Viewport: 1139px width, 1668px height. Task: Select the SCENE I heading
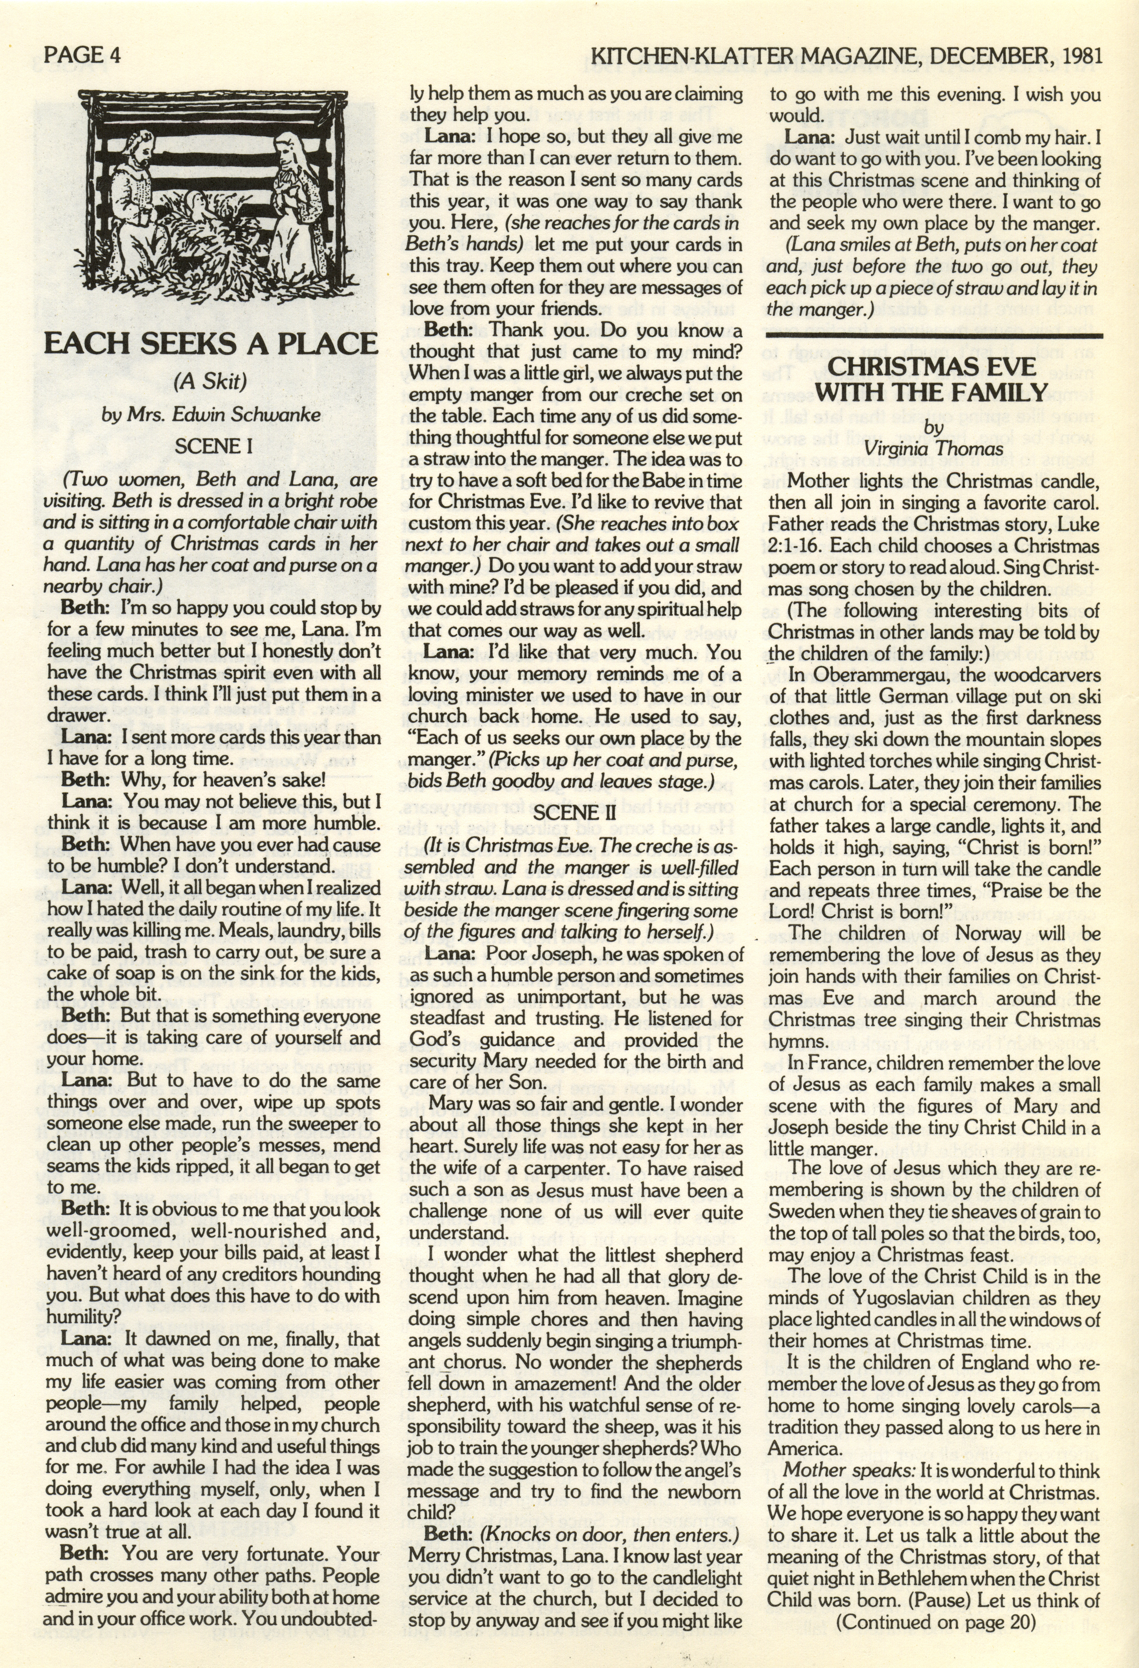[x=213, y=446]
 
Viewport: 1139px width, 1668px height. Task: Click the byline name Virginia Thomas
[x=933, y=449]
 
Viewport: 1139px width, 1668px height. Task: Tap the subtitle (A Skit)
[x=210, y=381]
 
